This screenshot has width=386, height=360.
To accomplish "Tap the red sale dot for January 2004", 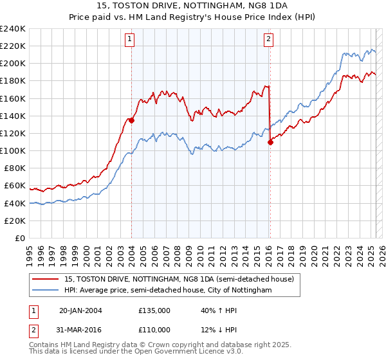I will tap(131, 120).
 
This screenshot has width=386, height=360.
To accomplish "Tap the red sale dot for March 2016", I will tap(270, 142).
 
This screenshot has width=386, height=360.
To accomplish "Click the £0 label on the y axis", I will tap(19, 238).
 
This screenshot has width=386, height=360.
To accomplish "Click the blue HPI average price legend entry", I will tap(168, 291).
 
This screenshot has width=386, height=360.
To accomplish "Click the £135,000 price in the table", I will tap(154, 310).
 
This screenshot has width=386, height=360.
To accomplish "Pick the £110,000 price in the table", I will tap(154, 329).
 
